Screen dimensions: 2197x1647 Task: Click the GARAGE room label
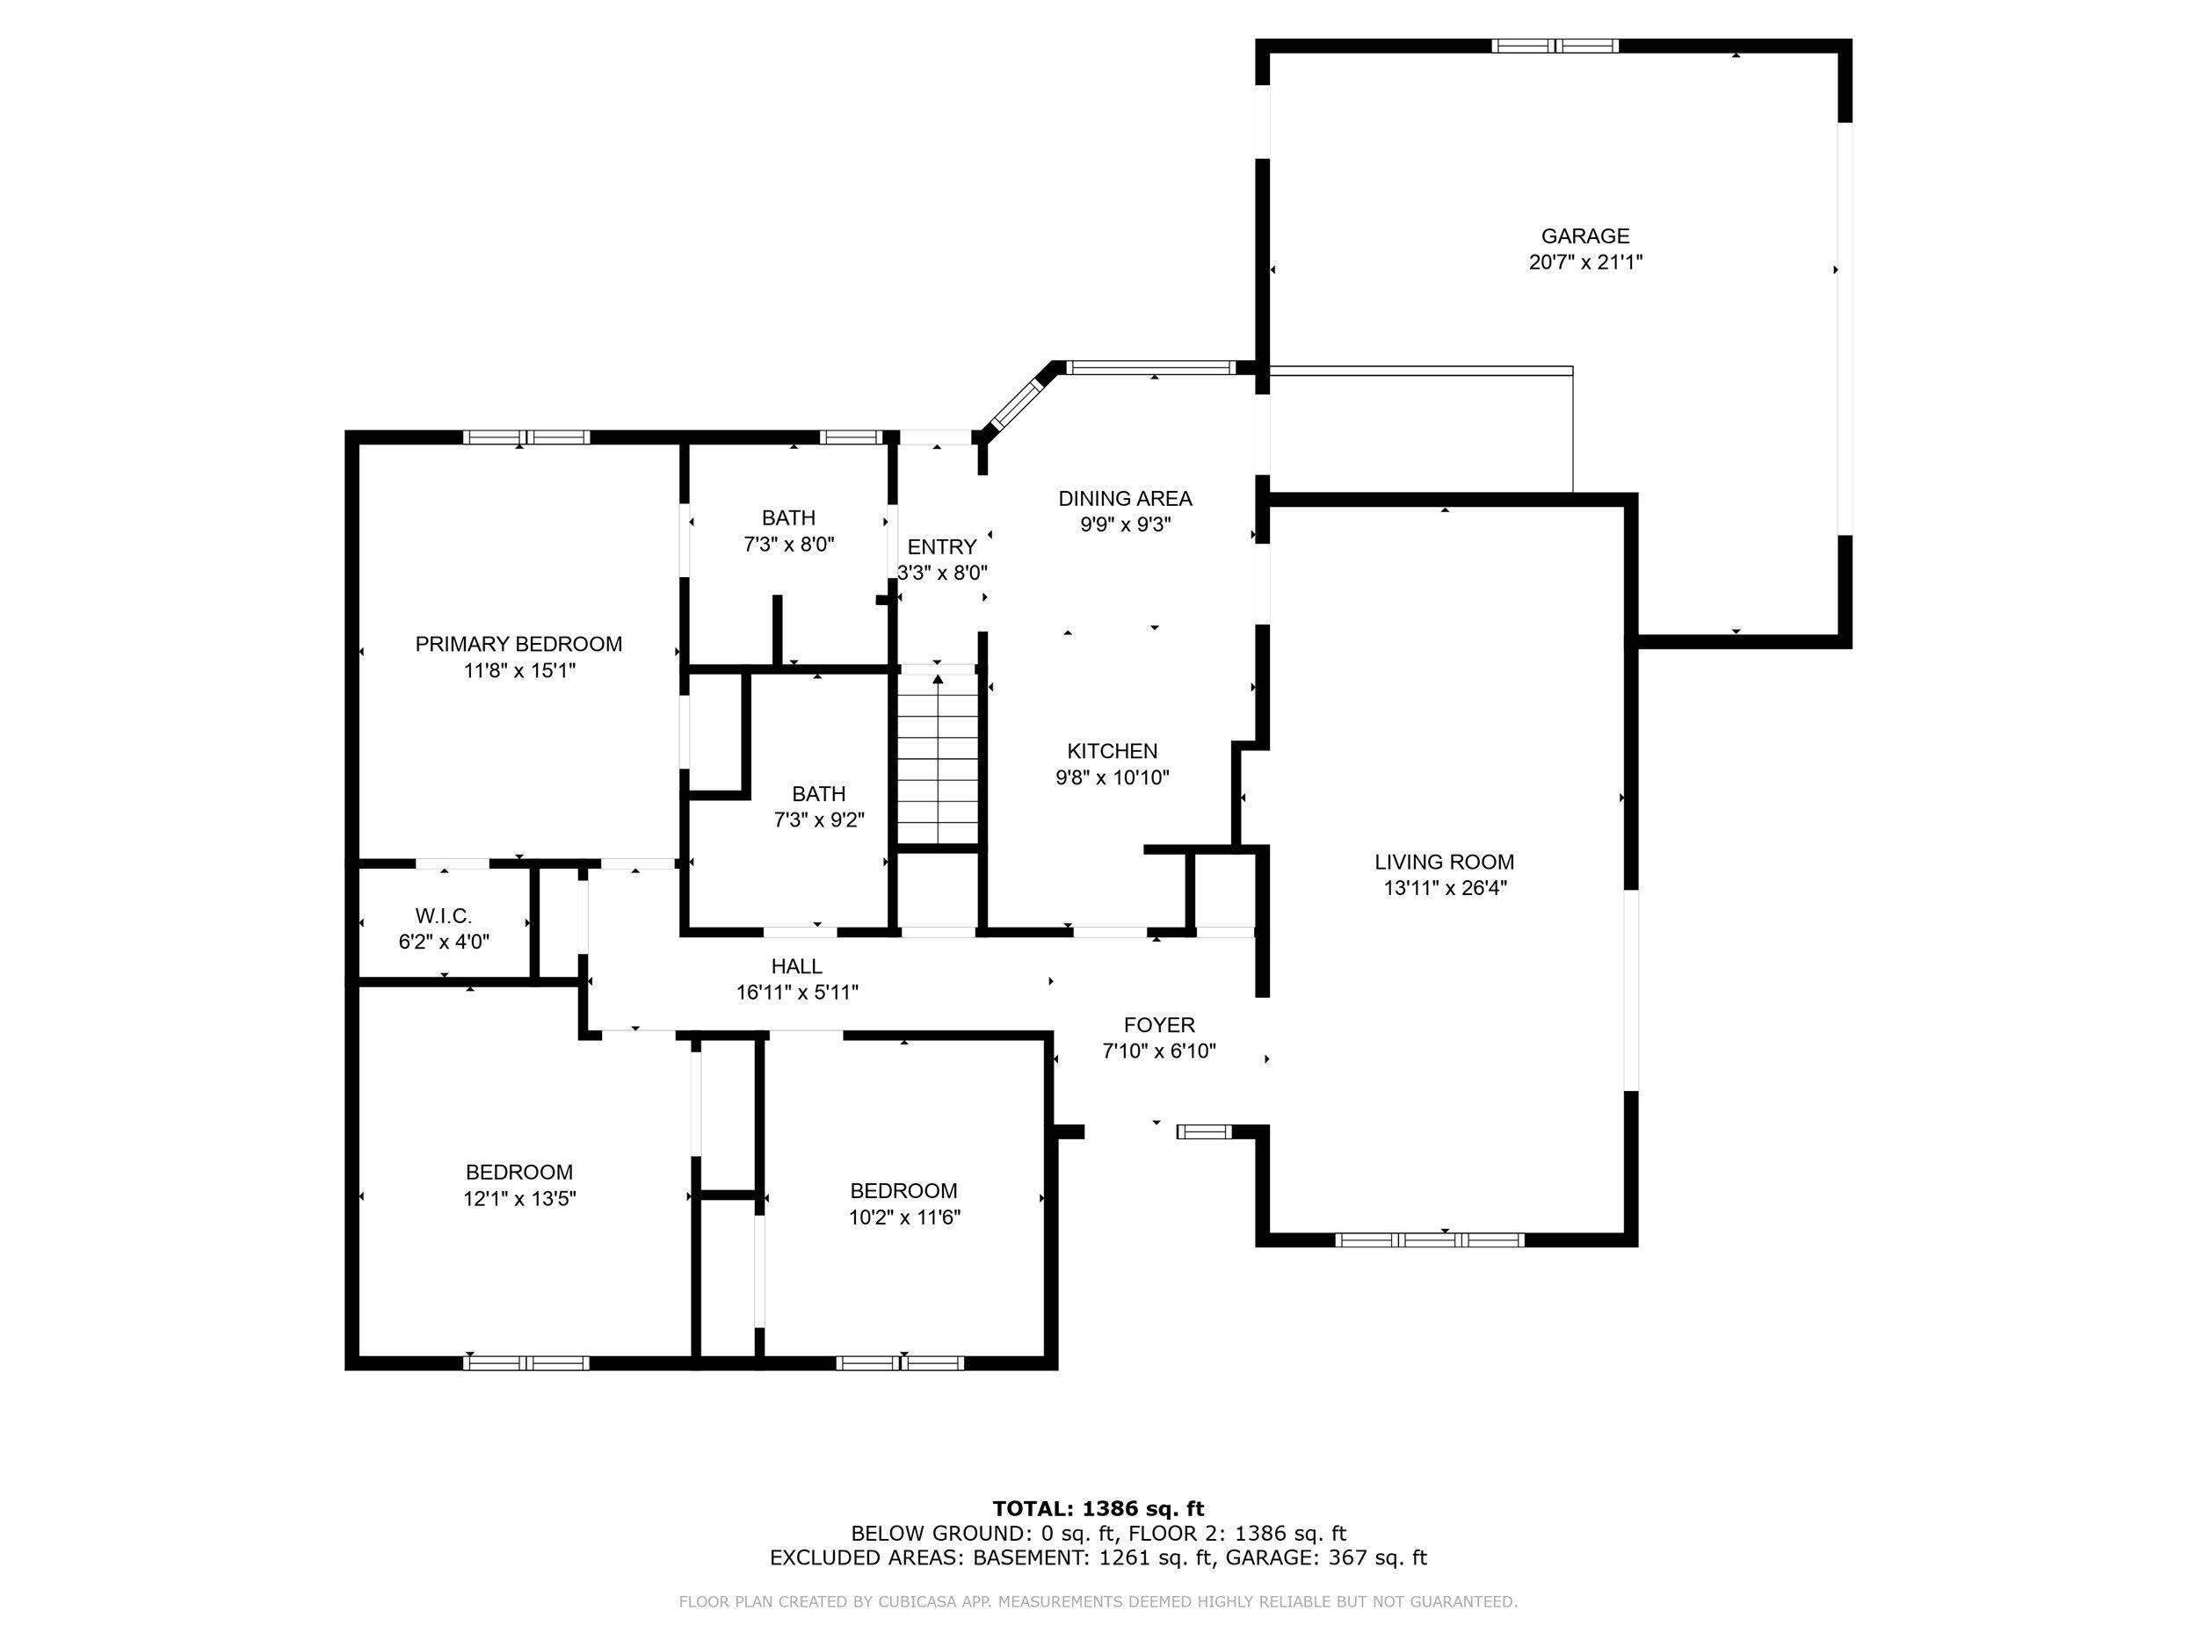[x=1585, y=236]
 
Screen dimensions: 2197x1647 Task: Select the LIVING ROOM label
[x=1444, y=863]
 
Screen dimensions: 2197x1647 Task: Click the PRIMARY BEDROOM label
[x=518, y=644]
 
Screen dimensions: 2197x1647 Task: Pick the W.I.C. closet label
[x=444, y=916]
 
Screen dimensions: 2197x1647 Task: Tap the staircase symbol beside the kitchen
[x=938, y=760]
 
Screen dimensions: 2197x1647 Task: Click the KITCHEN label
[x=1113, y=752]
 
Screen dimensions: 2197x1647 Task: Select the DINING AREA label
[x=1126, y=498]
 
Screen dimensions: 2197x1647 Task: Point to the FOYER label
[x=1159, y=1025]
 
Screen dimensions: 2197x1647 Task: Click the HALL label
[x=796, y=966]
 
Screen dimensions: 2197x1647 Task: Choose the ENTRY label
[x=941, y=547]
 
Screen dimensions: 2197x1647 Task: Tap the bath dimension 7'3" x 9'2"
[x=819, y=821]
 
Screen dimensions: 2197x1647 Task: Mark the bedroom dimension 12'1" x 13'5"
[x=519, y=1198]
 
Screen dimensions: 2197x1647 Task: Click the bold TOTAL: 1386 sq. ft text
[x=1098, y=1510]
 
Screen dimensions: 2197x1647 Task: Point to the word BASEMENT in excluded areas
[x=1029, y=1558]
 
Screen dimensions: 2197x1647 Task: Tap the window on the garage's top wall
[x=1555, y=46]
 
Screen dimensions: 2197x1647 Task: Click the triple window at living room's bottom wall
[x=1429, y=1240]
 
